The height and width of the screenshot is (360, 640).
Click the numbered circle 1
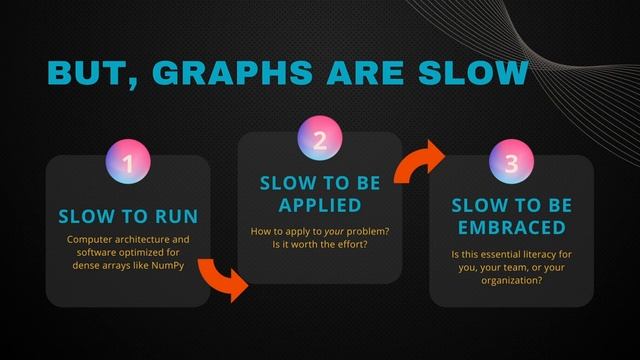coord(128,162)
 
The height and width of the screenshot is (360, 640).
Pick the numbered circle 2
coord(320,141)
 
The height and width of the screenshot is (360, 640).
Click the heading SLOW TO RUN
coord(128,216)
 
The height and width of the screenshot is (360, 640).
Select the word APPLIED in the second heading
coord(320,205)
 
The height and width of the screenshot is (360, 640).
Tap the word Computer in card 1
coord(89,240)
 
